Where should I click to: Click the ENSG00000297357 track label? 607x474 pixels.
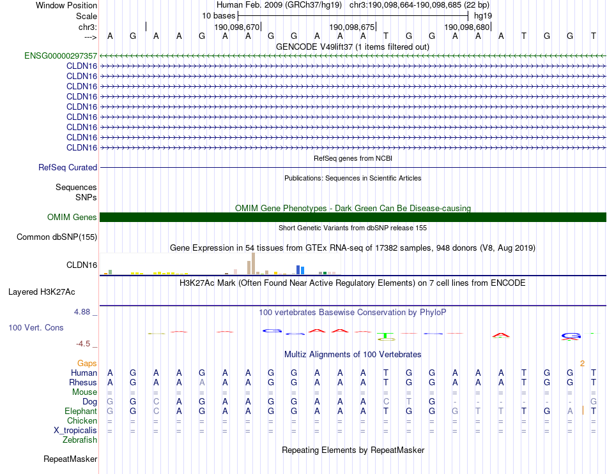tap(61, 56)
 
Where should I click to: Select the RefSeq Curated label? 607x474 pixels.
tap(68, 167)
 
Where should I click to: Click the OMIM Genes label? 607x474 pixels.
tap(72, 217)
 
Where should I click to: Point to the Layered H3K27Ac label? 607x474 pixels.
tap(42, 292)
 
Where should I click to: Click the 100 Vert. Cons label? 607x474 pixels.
tap(36, 327)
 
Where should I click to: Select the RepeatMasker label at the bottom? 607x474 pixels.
tap(70, 459)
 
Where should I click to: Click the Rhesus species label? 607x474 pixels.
tap(82, 382)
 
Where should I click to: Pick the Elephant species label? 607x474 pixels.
tap(81, 411)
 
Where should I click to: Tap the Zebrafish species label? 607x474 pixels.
tap(80, 440)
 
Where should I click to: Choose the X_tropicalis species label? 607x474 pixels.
tap(75, 430)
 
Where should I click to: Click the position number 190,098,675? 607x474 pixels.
tap(351, 27)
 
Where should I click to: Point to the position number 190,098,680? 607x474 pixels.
tap(466, 27)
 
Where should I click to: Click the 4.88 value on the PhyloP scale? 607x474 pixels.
tap(83, 312)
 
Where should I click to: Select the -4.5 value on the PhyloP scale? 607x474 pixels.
tap(84, 343)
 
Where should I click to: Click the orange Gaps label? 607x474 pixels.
tap(87, 363)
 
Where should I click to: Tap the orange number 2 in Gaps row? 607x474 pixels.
tap(582, 363)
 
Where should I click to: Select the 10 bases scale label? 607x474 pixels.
tap(218, 15)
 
